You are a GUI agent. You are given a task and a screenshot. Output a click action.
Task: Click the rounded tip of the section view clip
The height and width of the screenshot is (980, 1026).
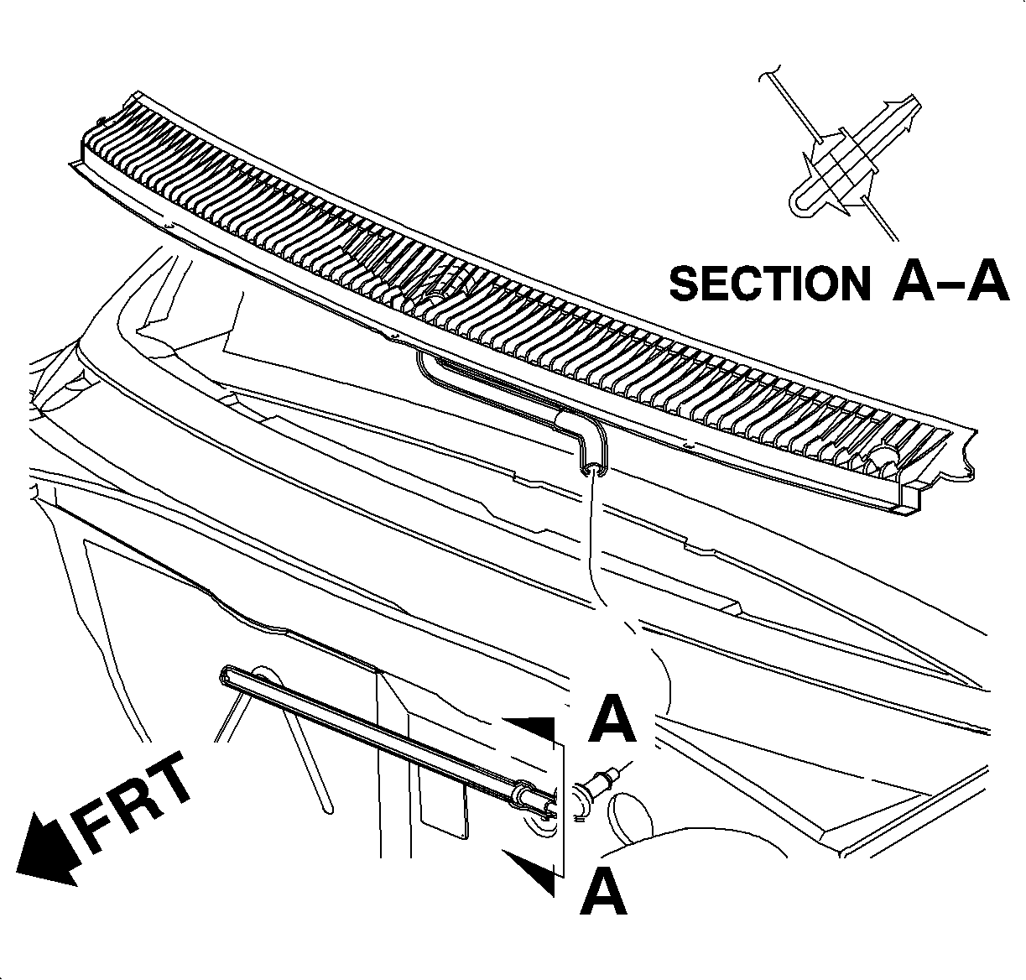coord(800,201)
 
